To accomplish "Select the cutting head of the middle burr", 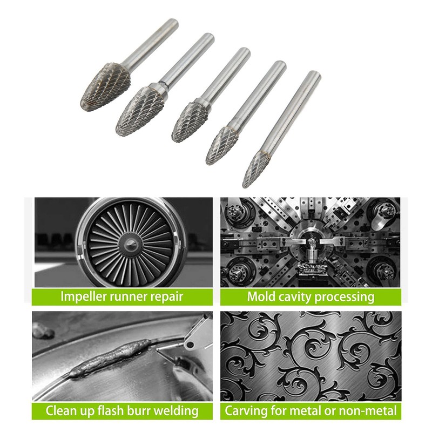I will (190, 119).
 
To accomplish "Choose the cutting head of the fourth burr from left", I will (222, 144).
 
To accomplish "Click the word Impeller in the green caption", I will (86, 296).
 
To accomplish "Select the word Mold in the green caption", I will (262, 296).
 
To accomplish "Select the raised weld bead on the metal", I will (108, 361).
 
